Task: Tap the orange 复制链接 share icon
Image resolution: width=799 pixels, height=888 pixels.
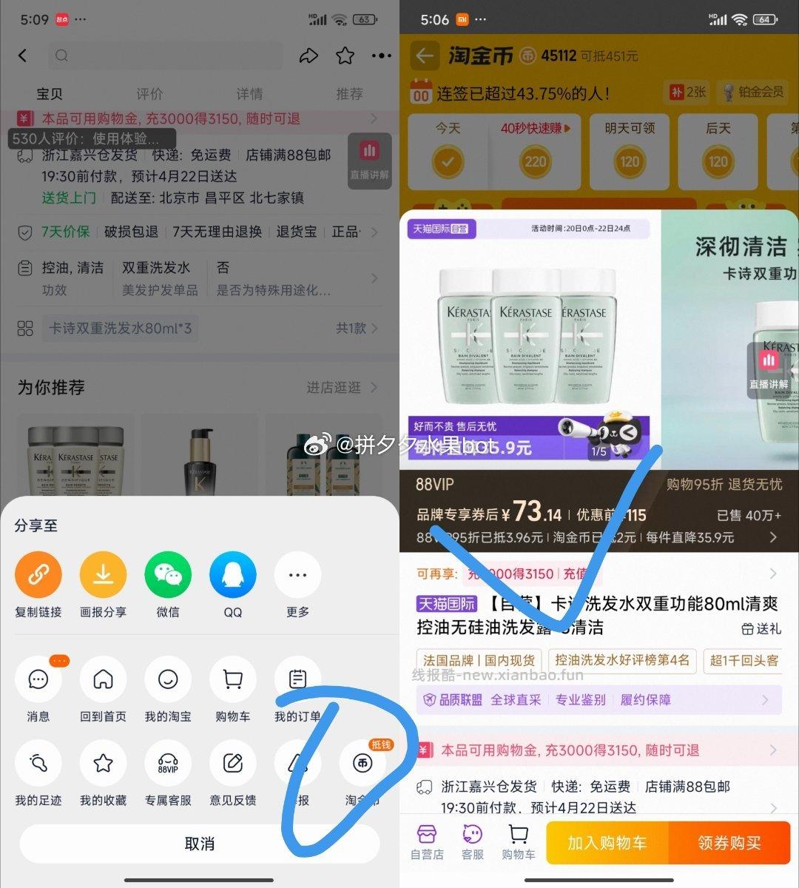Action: click(x=38, y=575)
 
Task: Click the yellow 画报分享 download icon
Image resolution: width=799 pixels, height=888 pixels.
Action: click(x=103, y=575)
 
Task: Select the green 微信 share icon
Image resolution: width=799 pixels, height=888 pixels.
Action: click(x=168, y=575)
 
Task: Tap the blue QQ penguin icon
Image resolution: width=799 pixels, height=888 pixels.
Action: click(x=232, y=575)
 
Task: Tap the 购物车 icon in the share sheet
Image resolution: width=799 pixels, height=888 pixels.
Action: click(x=232, y=679)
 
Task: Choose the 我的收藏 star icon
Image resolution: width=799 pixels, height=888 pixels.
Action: click(x=103, y=763)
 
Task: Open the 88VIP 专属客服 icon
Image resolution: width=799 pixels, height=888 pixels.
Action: click(x=168, y=763)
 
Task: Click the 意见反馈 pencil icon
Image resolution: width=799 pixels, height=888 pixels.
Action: click(x=232, y=763)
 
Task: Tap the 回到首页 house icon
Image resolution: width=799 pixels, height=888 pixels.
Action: click(x=103, y=679)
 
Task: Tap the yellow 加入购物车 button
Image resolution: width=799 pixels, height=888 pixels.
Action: click(x=607, y=843)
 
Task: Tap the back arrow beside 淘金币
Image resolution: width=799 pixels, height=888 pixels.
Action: click(x=424, y=55)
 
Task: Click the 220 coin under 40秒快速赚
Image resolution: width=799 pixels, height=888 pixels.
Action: click(x=536, y=161)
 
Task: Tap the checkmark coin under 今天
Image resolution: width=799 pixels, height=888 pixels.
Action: click(x=448, y=161)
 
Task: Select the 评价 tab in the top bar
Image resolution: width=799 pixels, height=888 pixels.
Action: click(x=149, y=94)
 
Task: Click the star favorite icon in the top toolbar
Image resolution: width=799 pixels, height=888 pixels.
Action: click(x=345, y=55)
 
